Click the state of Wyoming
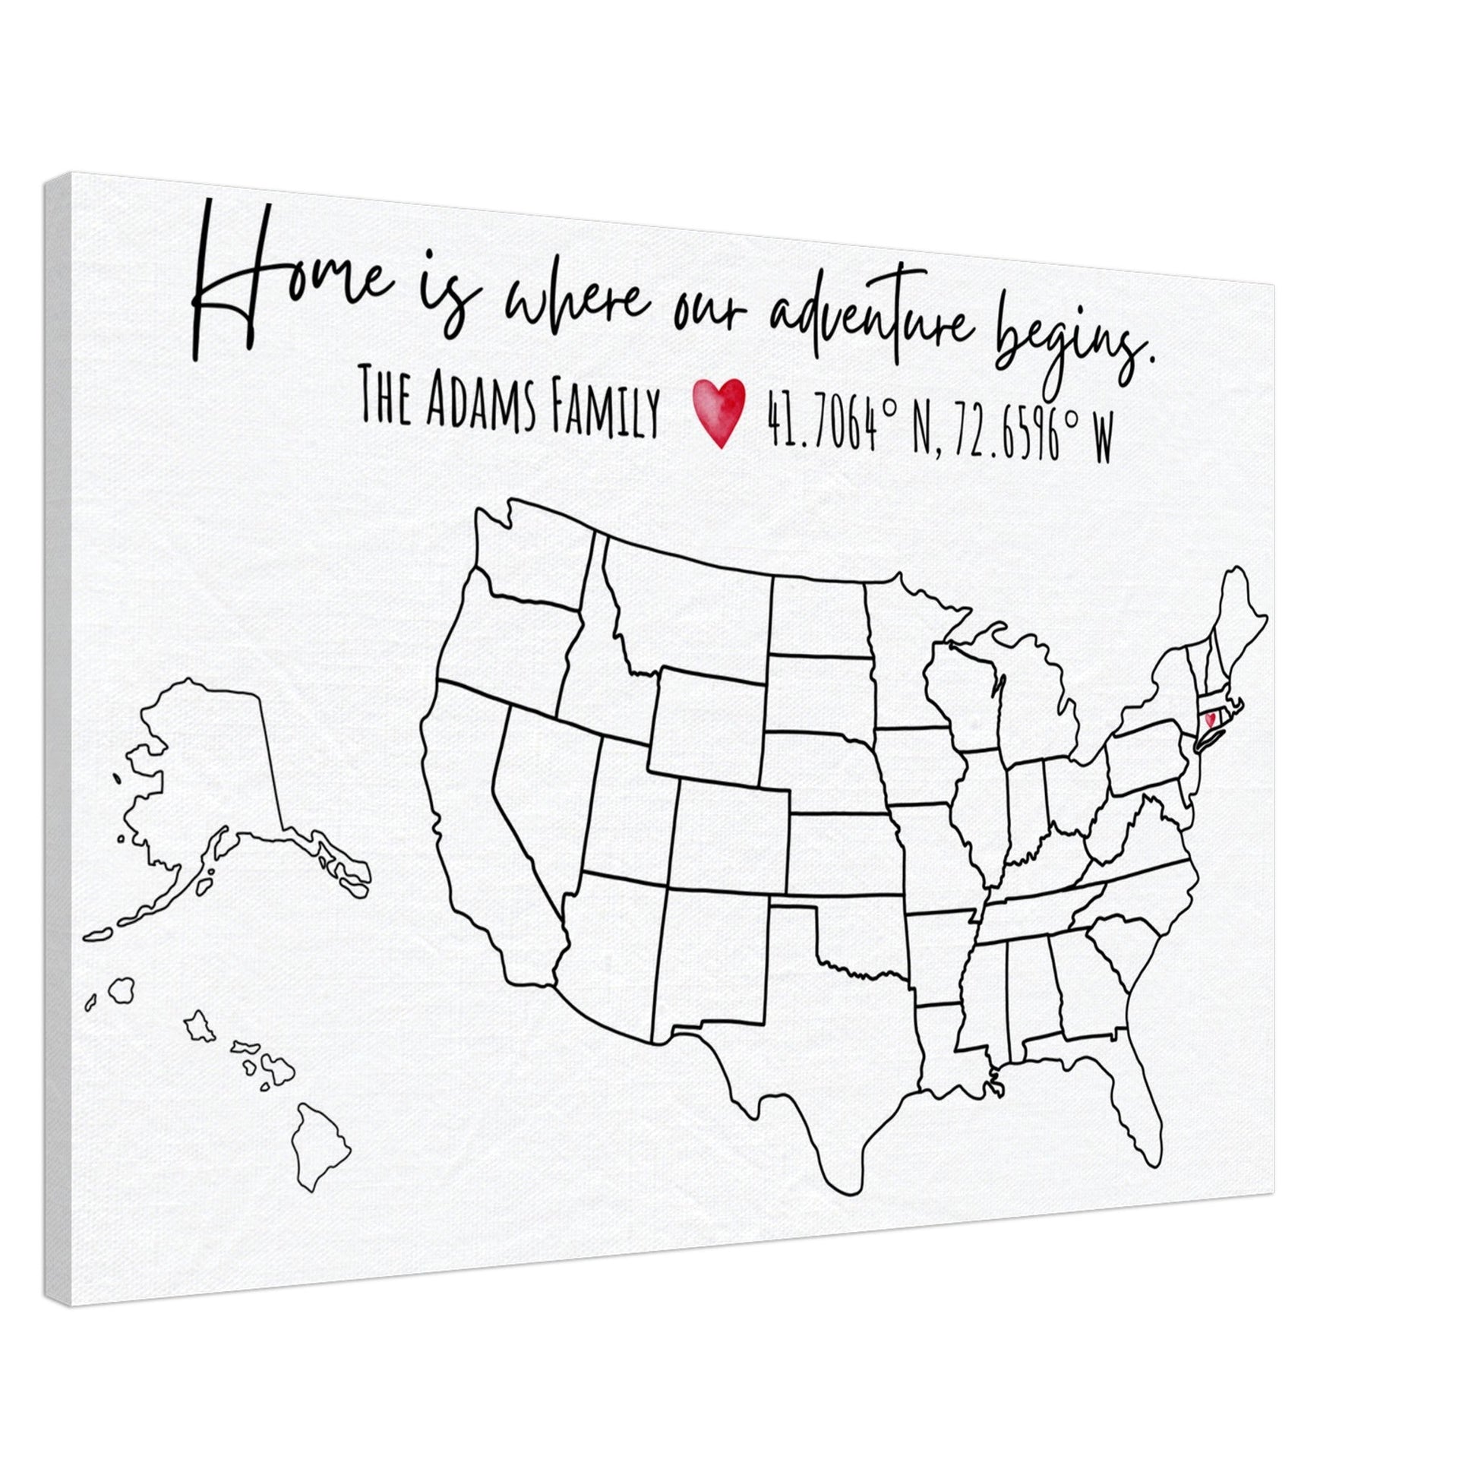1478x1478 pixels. coord(708,719)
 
